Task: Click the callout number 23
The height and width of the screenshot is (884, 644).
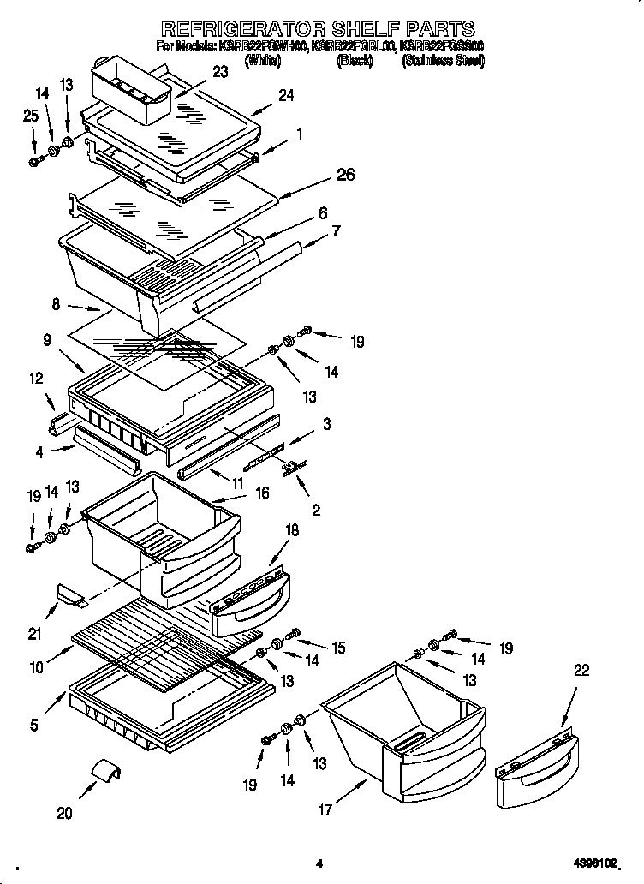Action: coord(220,72)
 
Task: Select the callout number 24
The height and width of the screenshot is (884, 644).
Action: coord(285,96)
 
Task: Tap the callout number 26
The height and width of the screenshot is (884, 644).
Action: coord(345,176)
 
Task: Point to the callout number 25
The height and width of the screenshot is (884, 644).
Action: coord(31,116)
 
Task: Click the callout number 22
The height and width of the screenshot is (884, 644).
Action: coord(581,672)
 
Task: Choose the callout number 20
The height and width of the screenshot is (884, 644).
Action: coord(65,814)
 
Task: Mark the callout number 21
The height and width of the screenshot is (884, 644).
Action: coord(34,634)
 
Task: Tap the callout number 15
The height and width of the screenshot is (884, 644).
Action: coord(339,648)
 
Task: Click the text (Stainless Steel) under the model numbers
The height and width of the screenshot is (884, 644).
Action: coord(443,61)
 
